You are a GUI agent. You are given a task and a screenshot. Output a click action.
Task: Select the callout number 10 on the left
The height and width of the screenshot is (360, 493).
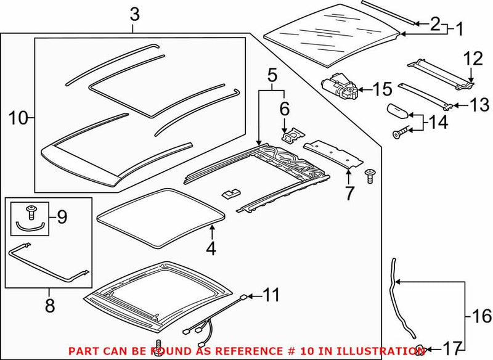[18, 117]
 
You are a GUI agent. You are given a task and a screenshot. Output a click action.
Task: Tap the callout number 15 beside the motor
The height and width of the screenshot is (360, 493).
[381, 90]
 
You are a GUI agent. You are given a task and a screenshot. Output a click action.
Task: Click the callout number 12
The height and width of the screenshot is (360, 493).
[475, 59]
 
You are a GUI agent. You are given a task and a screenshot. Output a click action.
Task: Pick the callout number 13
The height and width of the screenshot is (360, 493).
[475, 105]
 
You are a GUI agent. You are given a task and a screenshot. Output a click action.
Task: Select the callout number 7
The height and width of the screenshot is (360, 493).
[349, 194]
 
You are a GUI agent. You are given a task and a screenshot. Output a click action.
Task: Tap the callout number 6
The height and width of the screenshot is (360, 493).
[285, 109]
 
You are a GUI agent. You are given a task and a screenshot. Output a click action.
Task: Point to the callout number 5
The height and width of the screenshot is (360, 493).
[272, 76]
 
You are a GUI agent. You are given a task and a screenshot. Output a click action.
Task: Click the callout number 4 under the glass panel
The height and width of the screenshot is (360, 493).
[211, 250]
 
